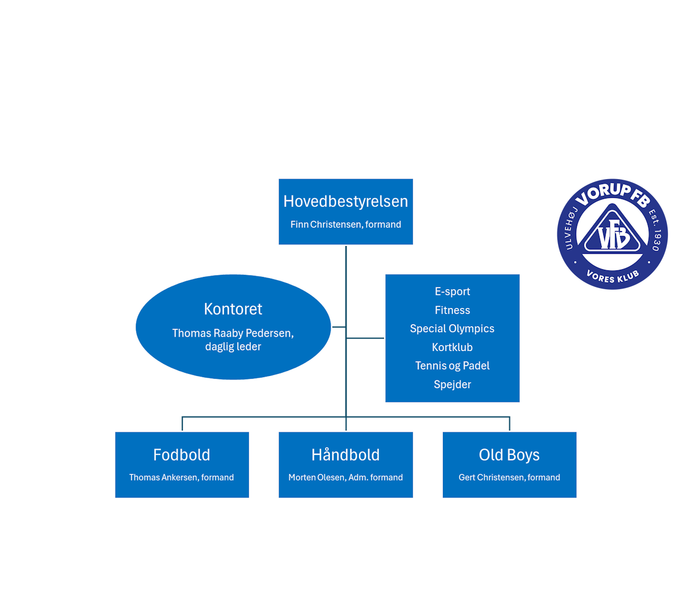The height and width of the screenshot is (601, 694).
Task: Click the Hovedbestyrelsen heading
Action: pyautogui.click(x=346, y=201)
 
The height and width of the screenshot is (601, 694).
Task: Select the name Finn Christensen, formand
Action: pyautogui.click(x=346, y=224)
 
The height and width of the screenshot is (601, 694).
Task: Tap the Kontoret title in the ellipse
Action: pyautogui.click(x=233, y=309)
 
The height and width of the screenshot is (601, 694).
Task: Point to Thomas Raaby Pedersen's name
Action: pyautogui.click(x=233, y=333)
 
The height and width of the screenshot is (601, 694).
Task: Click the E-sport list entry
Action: pyautogui.click(x=452, y=291)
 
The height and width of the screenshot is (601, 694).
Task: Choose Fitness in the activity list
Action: pyautogui.click(x=452, y=310)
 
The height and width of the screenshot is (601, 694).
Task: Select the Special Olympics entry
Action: pyautogui.click(x=452, y=328)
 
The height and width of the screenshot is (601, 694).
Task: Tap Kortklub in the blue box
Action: pyautogui.click(x=452, y=347)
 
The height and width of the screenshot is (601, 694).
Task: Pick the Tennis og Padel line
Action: pyautogui.click(x=452, y=365)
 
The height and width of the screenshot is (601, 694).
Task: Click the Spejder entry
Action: pyautogui.click(x=452, y=384)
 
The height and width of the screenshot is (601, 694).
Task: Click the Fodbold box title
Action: pyautogui.click(x=181, y=455)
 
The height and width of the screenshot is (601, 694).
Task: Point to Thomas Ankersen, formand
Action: pyautogui.click(x=181, y=478)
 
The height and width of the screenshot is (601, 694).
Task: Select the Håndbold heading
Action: pyautogui.click(x=346, y=455)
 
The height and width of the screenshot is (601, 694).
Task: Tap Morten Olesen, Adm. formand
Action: pyautogui.click(x=346, y=478)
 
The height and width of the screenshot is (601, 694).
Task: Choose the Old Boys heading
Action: pyautogui.click(x=509, y=455)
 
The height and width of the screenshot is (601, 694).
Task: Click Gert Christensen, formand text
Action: pyautogui.click(x=509, y=478)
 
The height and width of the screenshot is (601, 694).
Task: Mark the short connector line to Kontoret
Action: pyautogui.click(x=339, y=327)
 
